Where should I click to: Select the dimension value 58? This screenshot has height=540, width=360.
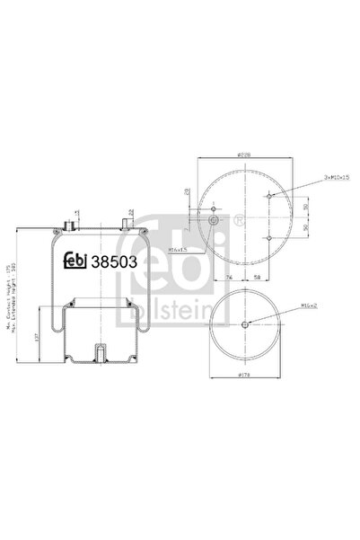pos(258,279)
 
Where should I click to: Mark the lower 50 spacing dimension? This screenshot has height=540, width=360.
pos(306,228)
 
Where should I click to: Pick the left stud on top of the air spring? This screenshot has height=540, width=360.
pos(70,219)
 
